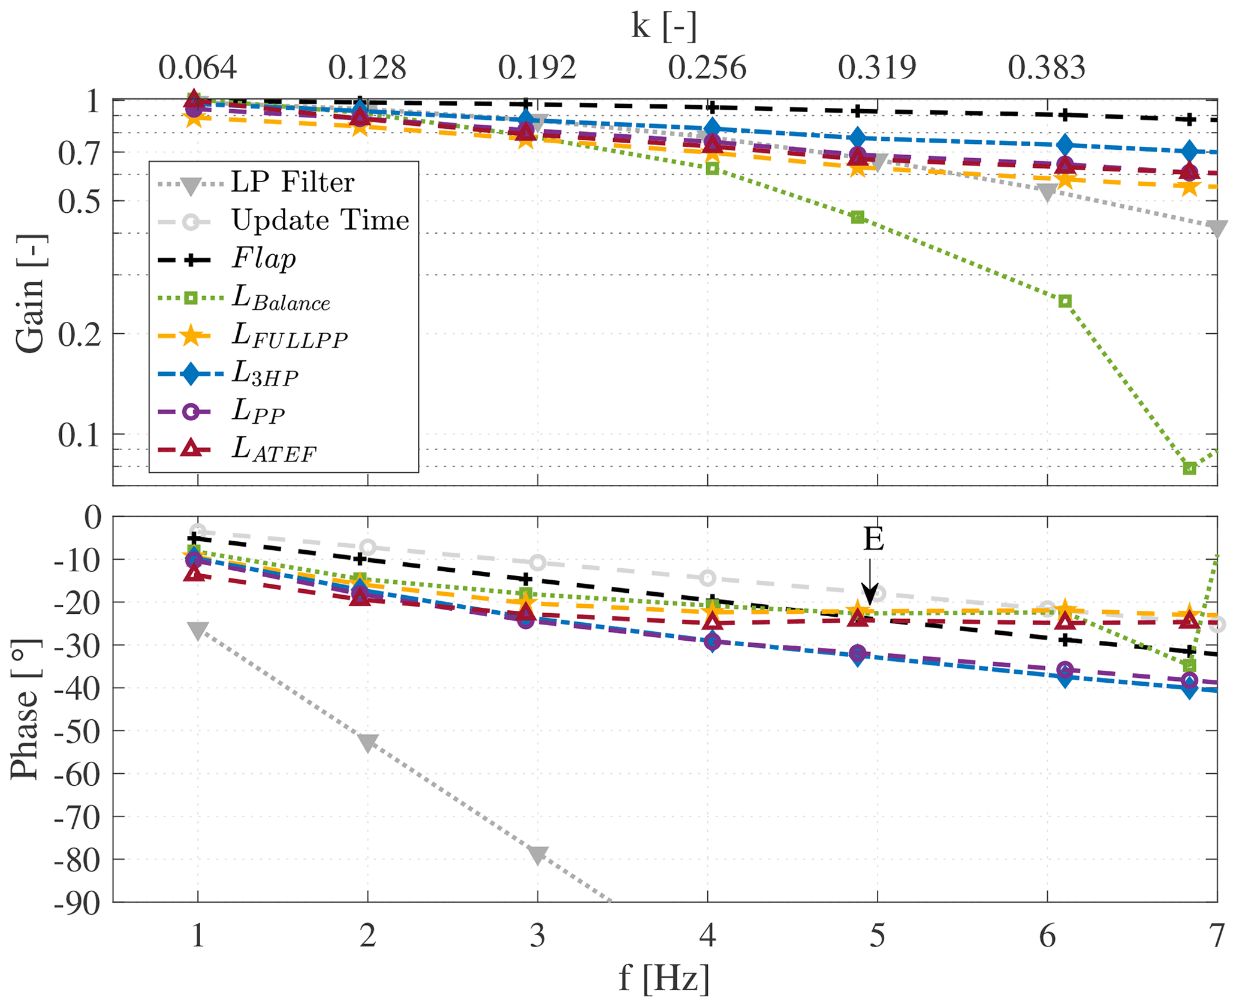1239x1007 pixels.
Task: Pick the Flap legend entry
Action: tap(264, 259)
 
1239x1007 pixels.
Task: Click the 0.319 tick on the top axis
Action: tap(877, 68)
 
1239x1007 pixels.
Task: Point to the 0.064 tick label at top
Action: tap(197, 68)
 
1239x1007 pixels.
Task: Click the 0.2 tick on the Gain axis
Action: tap(79, 334)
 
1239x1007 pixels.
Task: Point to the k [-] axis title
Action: tap(664, 26)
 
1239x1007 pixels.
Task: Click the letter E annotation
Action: tap(873, 539)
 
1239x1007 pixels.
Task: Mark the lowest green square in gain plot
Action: tap(1189, 468)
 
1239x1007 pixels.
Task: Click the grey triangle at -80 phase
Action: tap(538, 855)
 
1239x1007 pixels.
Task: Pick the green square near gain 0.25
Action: tap(1065, 301)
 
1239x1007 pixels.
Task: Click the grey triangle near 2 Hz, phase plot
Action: tap(367, 742)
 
